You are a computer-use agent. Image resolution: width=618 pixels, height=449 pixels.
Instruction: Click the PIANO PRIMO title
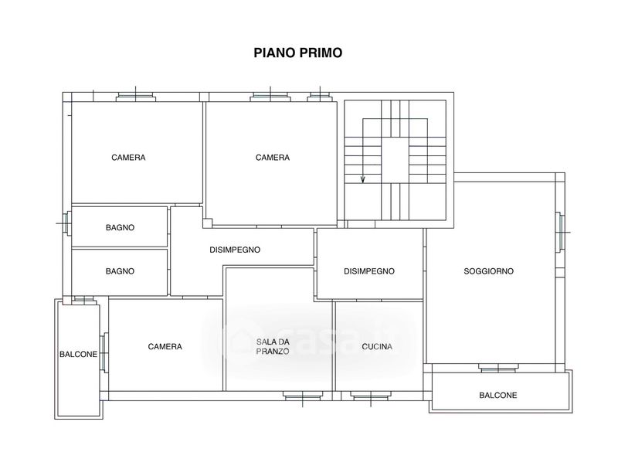[298, 53]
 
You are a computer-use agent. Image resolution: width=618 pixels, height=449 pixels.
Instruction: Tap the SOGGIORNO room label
[488, 271]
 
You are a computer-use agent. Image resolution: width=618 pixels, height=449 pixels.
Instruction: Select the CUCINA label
[377, 346]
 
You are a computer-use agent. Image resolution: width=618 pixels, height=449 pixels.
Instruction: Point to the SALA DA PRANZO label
[273, 346]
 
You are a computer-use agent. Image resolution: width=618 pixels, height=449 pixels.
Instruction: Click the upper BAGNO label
[120, 227]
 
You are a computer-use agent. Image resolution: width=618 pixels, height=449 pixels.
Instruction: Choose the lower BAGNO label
[120, 271]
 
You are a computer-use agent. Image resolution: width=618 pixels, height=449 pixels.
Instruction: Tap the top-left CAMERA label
[128, 158]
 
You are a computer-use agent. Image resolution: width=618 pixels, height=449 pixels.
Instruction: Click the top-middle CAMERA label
[273, 158]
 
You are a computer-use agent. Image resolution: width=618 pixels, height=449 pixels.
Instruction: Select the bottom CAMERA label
[165, 346]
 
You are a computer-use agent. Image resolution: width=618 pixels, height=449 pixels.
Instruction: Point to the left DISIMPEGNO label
[235, 250]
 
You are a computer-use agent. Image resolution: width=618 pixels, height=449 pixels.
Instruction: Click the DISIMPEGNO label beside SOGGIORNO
[369, 271]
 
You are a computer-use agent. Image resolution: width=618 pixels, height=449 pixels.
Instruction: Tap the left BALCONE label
[78, 355]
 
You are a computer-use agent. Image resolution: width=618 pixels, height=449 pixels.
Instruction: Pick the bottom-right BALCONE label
[497, 395]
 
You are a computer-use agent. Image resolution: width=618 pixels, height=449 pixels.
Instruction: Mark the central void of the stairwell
[395, 160]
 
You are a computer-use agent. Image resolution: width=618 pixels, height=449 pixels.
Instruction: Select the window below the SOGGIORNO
[497, 368]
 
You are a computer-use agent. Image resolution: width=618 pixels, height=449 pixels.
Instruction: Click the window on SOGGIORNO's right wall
[560, 232]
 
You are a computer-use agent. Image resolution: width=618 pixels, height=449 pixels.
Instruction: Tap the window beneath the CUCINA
[372, 396]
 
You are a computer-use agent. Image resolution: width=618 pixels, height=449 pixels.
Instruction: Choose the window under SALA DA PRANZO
[303, 396]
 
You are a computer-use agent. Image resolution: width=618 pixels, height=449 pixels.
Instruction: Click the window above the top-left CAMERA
[136, 97]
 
